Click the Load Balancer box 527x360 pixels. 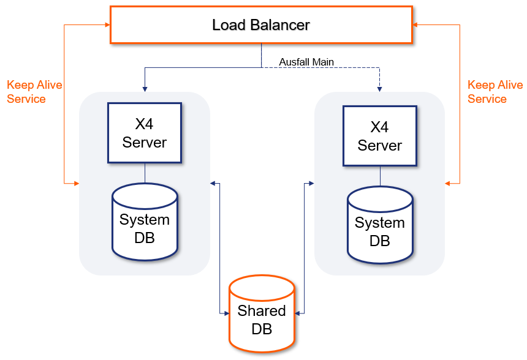coord(261,25)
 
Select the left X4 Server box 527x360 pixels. coord(145,133)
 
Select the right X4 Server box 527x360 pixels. coord(380,136)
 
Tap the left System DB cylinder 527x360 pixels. coord(145,223)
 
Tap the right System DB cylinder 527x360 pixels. coord(380,227)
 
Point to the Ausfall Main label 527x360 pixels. coord(306,61)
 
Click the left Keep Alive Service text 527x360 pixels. coord(34,92)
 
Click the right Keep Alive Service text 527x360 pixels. coord(495,92)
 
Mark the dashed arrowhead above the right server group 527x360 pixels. coord(380,89)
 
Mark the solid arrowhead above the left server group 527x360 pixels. coord(145,89)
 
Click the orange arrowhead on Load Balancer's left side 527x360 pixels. coord(107,24)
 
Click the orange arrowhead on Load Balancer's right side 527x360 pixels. coord(415,24)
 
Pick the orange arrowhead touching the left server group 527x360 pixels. coord(76,183)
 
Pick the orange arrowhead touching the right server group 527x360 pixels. coord(449,183)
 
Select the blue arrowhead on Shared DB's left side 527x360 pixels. coord(225,313)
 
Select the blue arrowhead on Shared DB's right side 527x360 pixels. coord(298,313)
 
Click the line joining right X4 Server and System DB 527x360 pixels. coord(380,176)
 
